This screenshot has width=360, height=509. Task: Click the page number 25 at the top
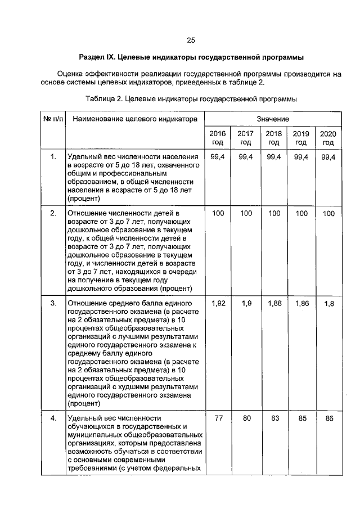(191, 40)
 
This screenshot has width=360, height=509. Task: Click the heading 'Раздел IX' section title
(191, 57)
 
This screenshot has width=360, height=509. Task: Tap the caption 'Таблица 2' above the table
(191, 99)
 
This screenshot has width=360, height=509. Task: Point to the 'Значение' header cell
(273, 119)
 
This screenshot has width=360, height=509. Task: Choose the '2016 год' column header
(218, 138)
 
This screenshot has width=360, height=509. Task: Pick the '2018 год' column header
(273, 138)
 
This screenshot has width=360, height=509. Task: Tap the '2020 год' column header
(328, 138)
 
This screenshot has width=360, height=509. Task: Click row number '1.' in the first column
(53, 157)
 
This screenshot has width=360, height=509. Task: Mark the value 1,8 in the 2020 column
(330, 304)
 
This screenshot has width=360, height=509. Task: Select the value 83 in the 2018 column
(273, 418)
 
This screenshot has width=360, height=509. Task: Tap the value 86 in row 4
(329, 419)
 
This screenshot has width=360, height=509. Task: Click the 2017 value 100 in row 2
(246, 214)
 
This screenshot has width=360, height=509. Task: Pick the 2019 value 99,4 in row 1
(301, 157)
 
